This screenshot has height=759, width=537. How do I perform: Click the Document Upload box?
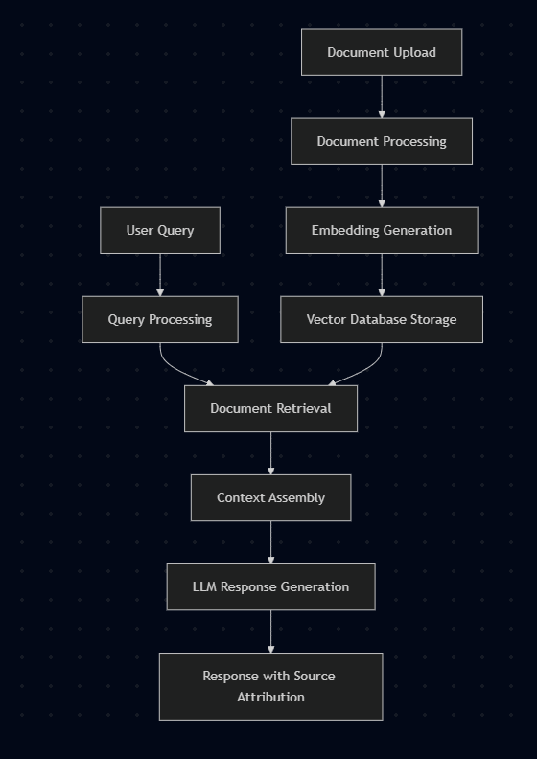[x=382, y=52]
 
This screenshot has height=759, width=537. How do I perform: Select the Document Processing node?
[x=382, y=141]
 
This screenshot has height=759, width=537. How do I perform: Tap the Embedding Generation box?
[x=382, y=230]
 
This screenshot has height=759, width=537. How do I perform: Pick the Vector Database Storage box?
[x=382, y=319]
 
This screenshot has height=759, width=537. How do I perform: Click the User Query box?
[x=160, y=230]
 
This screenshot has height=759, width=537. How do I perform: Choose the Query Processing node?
[x=160, y=319]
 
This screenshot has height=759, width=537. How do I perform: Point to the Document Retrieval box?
[x=270, y=408]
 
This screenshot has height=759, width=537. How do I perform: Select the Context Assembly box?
[x=270, y=497]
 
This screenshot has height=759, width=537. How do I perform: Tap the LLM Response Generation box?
[x=270, y=586]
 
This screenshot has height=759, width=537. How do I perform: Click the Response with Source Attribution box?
[x=270, y=686]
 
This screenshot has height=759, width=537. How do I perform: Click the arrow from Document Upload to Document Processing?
[x=382, y=96]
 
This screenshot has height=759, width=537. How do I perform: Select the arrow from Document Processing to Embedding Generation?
[x=382, y=185]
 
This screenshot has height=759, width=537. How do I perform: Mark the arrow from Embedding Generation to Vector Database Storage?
[x=382, y=274]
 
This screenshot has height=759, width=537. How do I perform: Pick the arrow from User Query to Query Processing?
[x=160, y=274]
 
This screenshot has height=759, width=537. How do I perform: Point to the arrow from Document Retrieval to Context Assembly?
[x=270, y=452]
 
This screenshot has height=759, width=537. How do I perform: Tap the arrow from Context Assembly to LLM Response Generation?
[x=270, y=541]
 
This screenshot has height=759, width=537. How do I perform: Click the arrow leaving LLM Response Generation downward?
[x=270, y=631]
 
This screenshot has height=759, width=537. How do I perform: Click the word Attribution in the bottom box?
[x=270, y=697]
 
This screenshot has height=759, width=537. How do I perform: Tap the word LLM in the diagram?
[x=204, y=586]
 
